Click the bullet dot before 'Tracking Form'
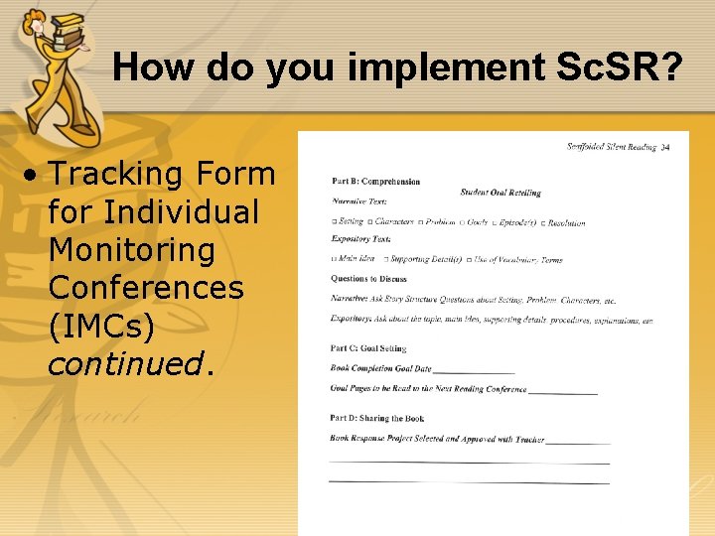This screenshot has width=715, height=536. pyautogui.click(x=33, y=176)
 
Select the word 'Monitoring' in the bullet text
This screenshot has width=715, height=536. pyautogui.click(x=131, y=250)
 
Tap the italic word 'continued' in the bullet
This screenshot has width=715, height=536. pyautogui.click(x=124, y=364)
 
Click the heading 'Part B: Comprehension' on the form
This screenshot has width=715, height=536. pyautogui.click(x=375, y=182)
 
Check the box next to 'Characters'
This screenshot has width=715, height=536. pyautogui.click(x=370, y=222)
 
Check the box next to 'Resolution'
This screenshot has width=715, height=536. pyautogui.click(x=543, y=223)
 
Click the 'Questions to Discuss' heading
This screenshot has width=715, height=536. pyautogui.click(x=368, y=279)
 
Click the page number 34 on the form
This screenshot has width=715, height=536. pyautogui.click(x=665, y=148)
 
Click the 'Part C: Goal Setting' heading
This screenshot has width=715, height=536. pyautogui.click(x=367, y=348)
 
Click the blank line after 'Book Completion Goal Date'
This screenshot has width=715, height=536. pyautogui.click(x=474, y=370)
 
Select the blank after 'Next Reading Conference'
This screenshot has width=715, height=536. pyautogui.click(x=563, y=391)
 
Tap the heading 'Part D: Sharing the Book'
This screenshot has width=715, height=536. pyautogui.click(x=376, y=419)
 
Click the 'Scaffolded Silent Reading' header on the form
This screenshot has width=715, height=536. pyautogui.click(x=611, y=147)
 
